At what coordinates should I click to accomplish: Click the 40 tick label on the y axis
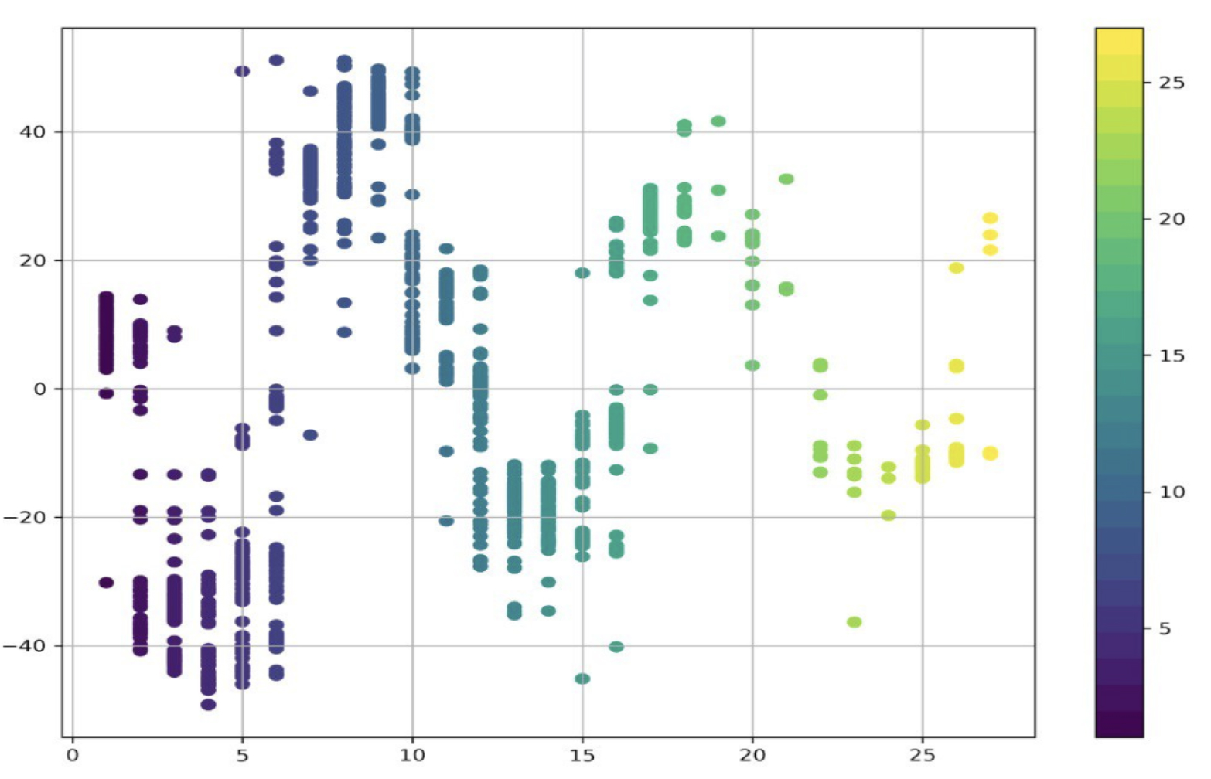coord(32,131)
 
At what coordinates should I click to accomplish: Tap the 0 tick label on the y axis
coord(39,389)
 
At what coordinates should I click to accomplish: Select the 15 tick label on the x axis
coord(582,756)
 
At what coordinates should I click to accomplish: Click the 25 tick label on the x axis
coord(922,756)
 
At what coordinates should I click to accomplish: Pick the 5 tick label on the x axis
coord(242,756)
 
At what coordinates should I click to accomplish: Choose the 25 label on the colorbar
coord(1171,83)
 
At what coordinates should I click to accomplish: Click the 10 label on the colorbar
coord(1171,492)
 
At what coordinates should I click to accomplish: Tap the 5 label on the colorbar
coord(1165,629)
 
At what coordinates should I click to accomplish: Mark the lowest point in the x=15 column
coord(582,679)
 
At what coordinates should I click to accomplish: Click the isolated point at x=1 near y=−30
coord(106,583)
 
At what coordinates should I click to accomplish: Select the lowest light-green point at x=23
coord(854,622)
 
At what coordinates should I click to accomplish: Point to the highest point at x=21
coord(786,179)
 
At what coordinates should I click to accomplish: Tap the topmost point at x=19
coord(718,121)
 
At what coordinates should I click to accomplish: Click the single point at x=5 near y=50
coord(242,71)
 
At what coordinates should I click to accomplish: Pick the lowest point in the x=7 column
coord(310,435)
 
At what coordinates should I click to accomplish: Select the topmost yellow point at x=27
coord(990,218)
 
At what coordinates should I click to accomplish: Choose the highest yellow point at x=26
coord(956,268)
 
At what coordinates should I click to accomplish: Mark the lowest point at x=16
coord(616,647)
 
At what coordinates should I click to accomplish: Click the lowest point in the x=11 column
coord(446,521)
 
